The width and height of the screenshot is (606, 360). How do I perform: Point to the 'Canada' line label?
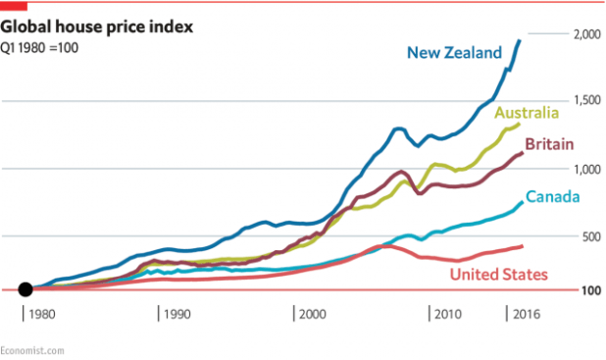[551, 197]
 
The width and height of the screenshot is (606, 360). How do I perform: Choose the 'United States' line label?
[498, 274]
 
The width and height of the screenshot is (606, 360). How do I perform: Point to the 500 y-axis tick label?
[591, 236]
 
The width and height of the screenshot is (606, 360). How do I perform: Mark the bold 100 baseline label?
[591, 290]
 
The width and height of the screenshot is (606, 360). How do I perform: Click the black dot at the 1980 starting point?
[25, 289]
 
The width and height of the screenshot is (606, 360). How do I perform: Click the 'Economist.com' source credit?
[33, 349]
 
